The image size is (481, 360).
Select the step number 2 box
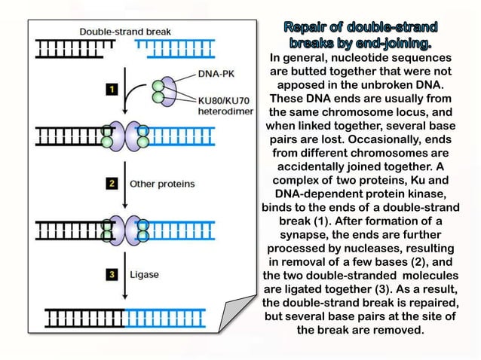coord(112,183)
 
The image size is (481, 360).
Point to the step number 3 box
coord(112,275)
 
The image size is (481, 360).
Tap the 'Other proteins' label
coord(162,183)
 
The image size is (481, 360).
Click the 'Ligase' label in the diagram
coord(145,275)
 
